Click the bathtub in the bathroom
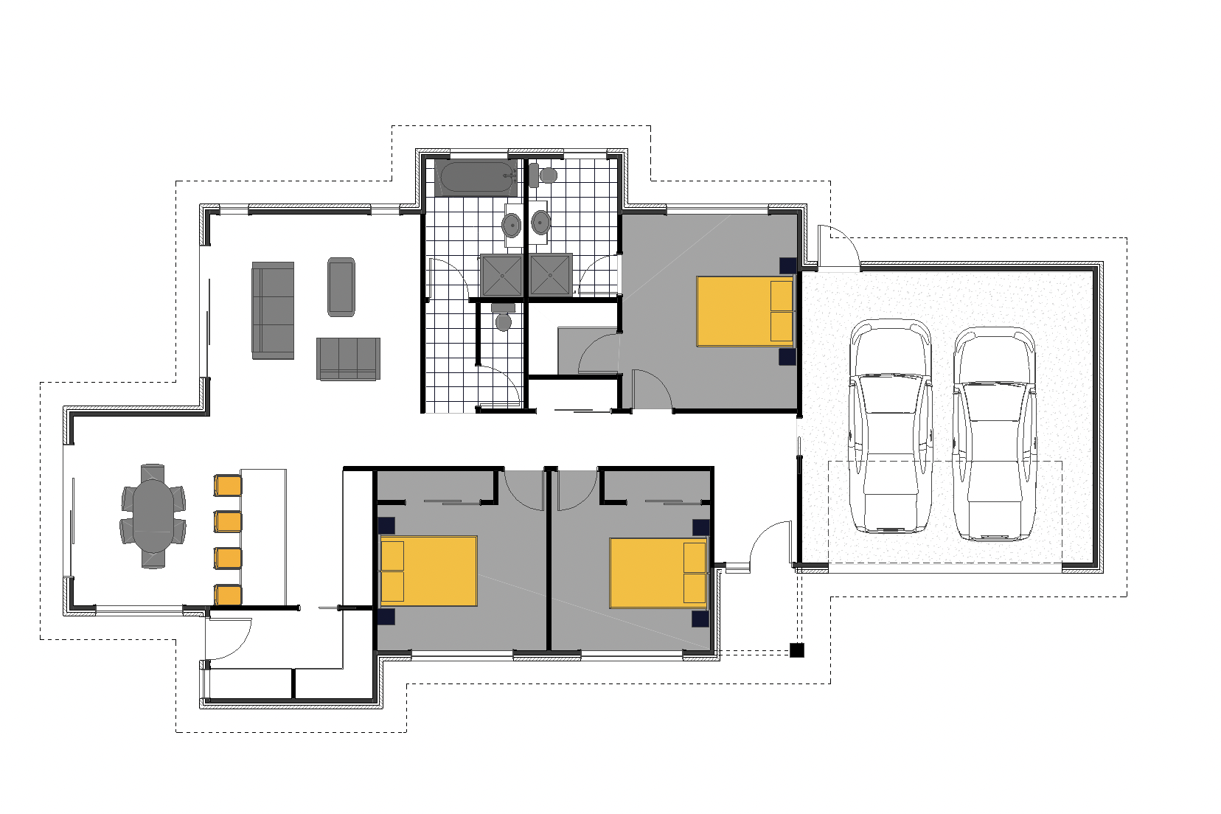pos(476,178)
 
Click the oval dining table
pos(153,515)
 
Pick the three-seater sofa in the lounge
pos(273,310)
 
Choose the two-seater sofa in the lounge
pos(348,358)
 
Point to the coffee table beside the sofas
pos(341,287)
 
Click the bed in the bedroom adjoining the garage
pos(745,310)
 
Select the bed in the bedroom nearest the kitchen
pos(428,571)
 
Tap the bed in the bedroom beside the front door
pos(658,573)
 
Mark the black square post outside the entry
pos(796,650)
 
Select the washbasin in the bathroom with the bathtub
pos(512,223)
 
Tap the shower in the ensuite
pos(550,274)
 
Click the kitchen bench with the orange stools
pos(263,536)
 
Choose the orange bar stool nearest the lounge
pos(228,485)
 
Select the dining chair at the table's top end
pos(153,471)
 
